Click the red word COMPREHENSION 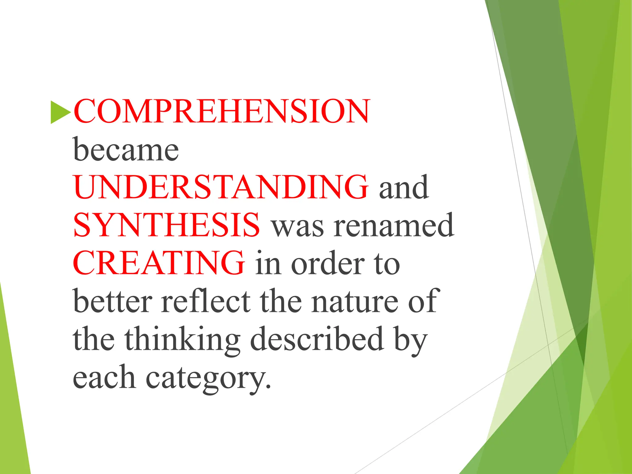coord(221,112)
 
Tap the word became coord(126,150)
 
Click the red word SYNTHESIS coord(167,225)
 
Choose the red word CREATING coord(159,263)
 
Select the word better coord(113,301)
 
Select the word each coord(104,377)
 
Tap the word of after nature coord(422,301)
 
